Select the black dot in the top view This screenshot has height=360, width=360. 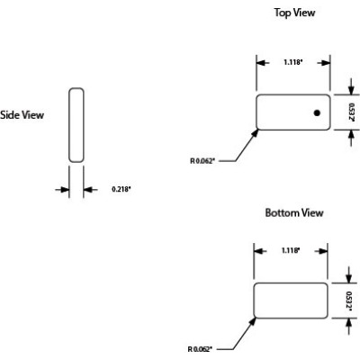coord(317,112)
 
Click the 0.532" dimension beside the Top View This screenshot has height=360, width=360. coord(352,112)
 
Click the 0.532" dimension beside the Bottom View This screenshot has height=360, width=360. coord(352,300)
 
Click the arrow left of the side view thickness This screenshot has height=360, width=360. coord(63,190)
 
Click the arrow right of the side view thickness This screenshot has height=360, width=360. coord(90,190)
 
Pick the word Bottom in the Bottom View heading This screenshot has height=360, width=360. coord(277,213)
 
